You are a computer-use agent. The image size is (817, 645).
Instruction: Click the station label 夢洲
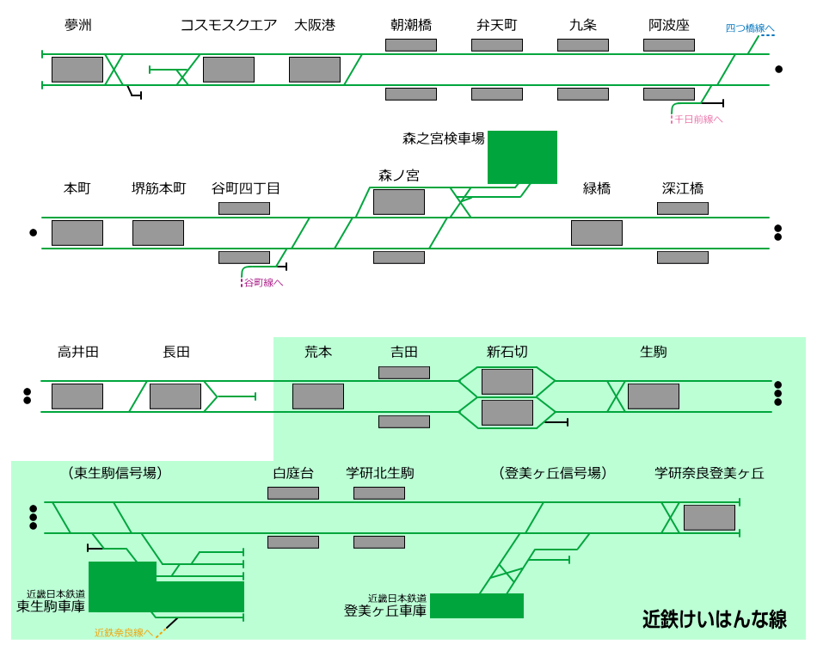click(77, 25)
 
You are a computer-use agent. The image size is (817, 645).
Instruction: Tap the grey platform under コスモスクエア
click(228, 70)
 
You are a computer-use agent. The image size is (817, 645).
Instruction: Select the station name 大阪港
click(314, 25)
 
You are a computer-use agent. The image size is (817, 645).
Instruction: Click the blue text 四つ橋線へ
click(749, 28)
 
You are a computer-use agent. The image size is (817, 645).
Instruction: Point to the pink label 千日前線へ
click(697, 120)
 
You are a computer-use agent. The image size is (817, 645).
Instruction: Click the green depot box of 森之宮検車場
click(522, 157)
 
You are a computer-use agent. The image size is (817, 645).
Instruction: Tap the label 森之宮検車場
click(443, 138)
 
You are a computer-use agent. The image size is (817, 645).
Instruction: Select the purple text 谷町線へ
click(263, 282)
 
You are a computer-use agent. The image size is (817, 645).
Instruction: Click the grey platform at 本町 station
click(77, 233)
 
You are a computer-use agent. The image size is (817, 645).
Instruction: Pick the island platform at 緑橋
click(596, 233)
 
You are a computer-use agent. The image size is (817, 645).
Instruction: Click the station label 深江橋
click(682, 188)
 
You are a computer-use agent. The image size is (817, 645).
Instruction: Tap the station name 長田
click(175, 352)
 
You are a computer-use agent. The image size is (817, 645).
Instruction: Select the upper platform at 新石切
click(507, 382)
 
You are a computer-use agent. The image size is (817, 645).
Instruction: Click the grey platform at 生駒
click(653, 396)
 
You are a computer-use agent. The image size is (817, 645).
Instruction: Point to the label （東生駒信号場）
click(114, 473)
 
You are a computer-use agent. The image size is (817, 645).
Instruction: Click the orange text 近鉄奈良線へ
click(123, 633)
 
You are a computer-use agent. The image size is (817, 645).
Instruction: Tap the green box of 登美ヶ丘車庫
click(476, 605)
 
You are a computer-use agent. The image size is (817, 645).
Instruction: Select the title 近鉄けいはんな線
click(714, 619)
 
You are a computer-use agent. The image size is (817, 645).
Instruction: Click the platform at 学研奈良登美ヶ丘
click(709, 518)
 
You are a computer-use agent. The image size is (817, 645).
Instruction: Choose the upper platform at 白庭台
click(292, 493)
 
